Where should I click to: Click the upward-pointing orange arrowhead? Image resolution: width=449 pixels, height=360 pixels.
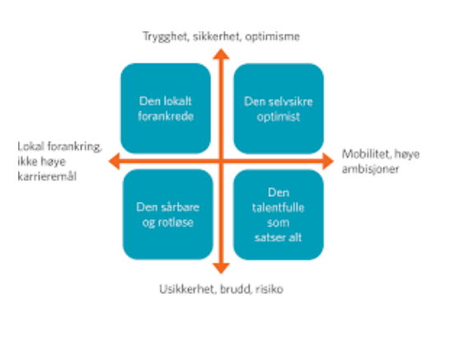[221, 54]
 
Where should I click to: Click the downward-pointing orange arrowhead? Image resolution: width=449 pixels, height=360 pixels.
[221, 268]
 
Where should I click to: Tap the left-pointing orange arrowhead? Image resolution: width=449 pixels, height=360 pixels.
[114, 161]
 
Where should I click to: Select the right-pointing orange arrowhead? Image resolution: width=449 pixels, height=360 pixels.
[328, 161]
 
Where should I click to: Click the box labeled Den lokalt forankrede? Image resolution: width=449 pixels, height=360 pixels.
[166, 109]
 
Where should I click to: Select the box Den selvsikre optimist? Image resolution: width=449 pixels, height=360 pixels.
[278, 109]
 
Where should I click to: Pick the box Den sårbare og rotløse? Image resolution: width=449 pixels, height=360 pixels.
[168, 214]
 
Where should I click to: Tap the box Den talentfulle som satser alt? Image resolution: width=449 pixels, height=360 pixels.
[278, 214]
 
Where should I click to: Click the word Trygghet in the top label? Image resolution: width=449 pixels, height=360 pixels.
[166, 37]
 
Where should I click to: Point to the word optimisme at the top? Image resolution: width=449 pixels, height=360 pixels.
[273, 37]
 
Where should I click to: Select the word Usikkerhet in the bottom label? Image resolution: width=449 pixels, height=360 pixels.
[188, 289]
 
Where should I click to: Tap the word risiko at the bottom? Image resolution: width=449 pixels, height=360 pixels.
[269, 289]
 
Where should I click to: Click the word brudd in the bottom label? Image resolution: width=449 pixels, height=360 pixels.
[236, 289]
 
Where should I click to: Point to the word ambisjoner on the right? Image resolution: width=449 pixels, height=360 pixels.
[370, 169]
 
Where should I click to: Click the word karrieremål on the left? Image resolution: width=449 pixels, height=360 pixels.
[47, 176]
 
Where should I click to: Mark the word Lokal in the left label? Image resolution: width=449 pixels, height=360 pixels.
[31, 147]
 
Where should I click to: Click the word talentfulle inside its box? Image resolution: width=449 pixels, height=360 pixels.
[278, 208]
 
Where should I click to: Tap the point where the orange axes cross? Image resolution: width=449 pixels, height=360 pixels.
[221, 161]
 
